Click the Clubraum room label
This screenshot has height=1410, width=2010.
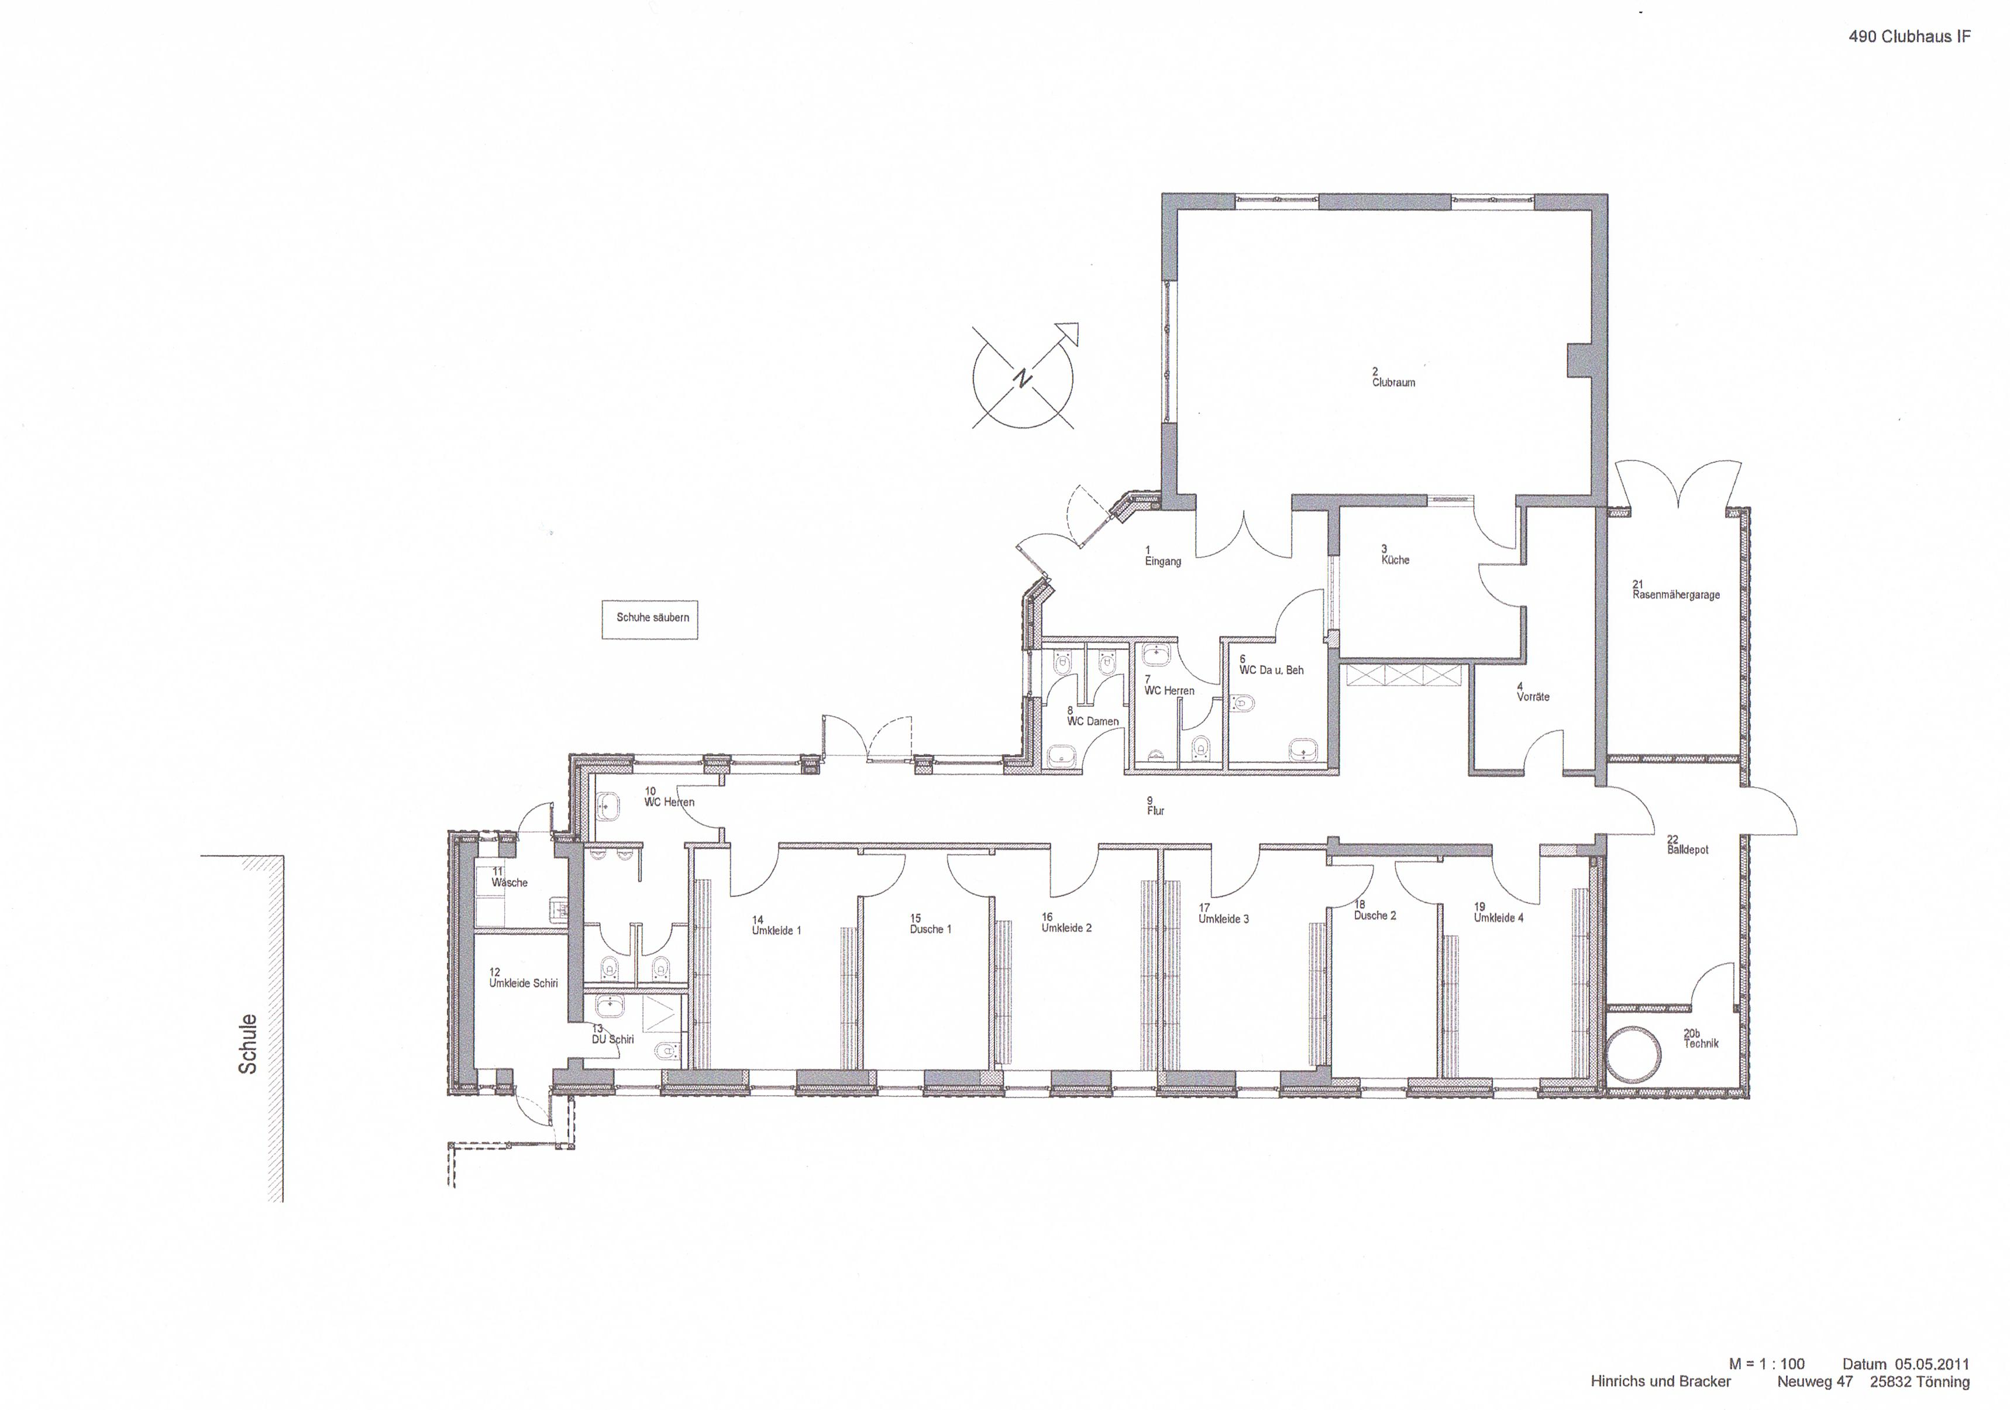click(x=1393, y=383)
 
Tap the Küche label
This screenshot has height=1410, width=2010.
click(x=1395, y=560)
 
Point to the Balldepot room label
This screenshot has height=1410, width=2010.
click(x=1688, y=850)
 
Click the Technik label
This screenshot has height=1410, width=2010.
click(x=1701, y=1043)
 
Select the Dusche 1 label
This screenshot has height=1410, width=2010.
click(x=931, y=929)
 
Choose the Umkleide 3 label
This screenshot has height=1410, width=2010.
click(x=1224, y=919)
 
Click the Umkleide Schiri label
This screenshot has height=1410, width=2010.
click(x=524, y=983)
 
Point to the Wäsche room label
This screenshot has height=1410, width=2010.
click(x=510, y=883)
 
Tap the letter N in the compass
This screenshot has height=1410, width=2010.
click(x=1021, y=377)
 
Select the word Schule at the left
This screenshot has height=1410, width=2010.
click(x=248, y=1044)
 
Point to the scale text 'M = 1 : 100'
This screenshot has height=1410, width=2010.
click(x=1767, y=1364)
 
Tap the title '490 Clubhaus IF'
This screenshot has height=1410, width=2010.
click(x=1909, y=37)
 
